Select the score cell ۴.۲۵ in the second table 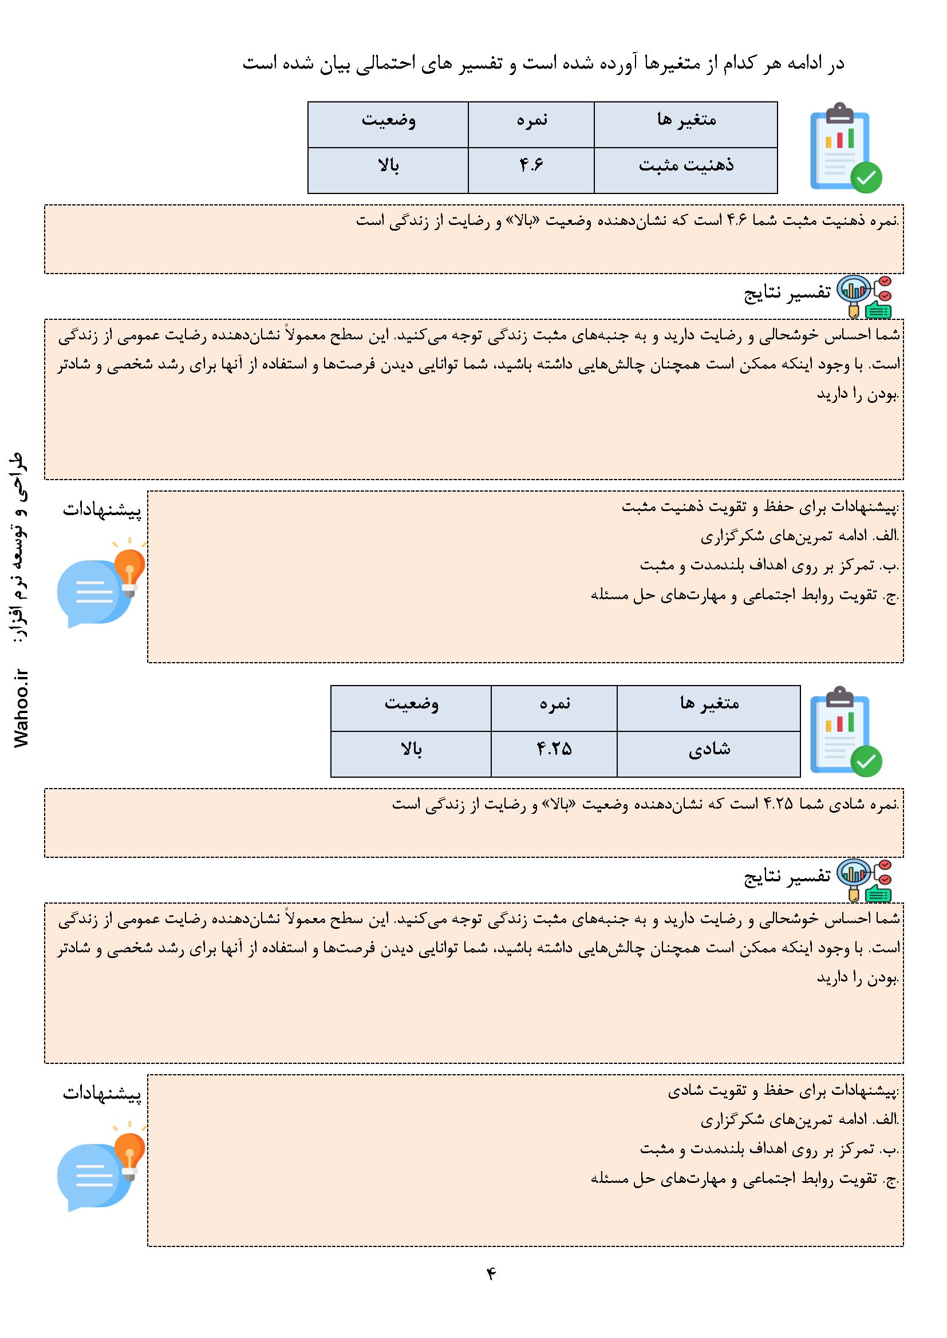(x=554, y=750)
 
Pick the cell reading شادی (x=708, y=750)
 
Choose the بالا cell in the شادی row (x=411, y=750)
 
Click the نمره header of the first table (x=531, y=121)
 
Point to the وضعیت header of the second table (x=411, y=704)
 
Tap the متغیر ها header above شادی (x=708, y=704)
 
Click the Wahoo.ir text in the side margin (x=22, y=707)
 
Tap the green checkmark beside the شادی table (x=866, y=761)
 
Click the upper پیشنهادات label (x=102, y=511)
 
